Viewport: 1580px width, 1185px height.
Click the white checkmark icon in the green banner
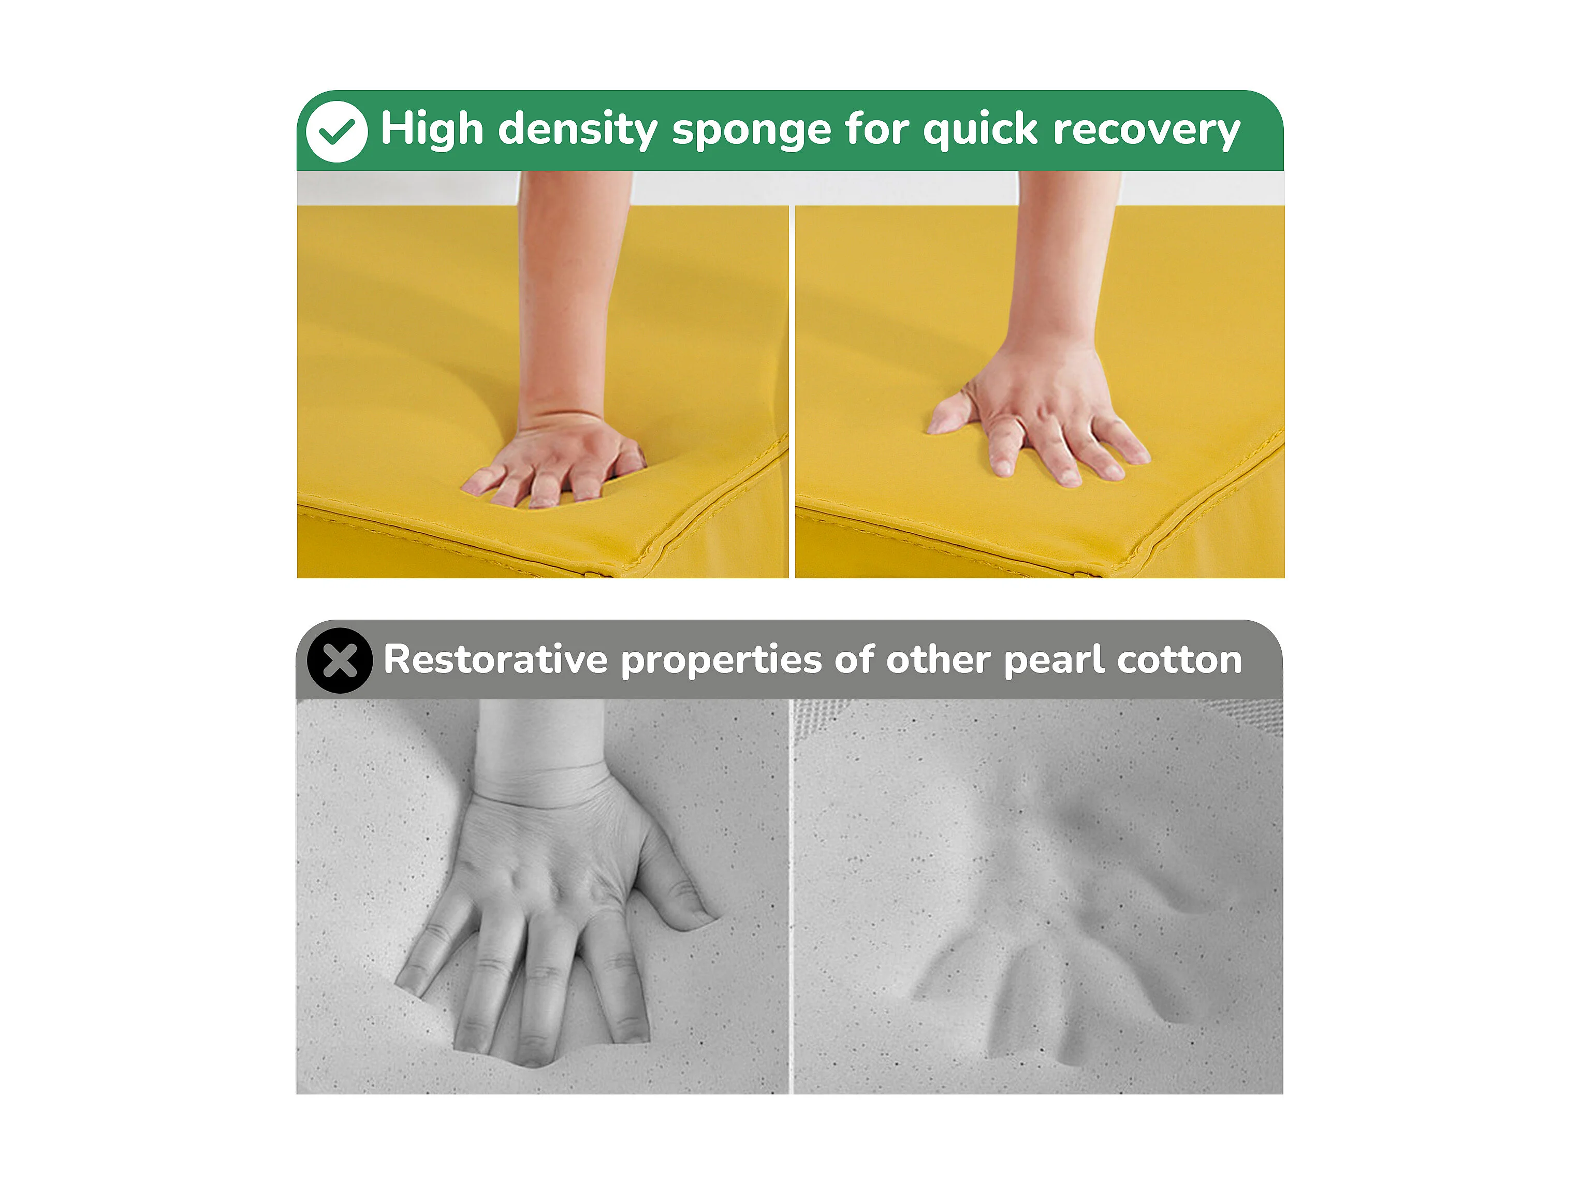[337, 131]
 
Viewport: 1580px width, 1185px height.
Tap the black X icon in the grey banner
[340, 660]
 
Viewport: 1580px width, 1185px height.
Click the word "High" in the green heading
[432, 129]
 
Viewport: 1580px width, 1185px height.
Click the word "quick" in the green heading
[980, 130]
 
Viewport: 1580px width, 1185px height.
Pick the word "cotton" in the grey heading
[1180, 660]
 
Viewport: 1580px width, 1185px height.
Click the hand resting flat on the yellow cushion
[1040, 414]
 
